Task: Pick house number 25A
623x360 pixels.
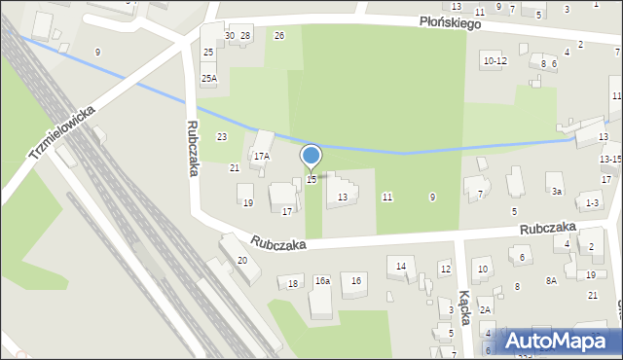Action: [209, 78]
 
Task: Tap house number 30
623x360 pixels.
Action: [230, 36]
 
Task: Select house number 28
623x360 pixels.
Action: [245, 36]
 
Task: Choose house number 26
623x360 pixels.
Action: [279, 36]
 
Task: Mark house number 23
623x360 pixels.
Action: [222, 137]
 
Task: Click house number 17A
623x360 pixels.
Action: [261, 156]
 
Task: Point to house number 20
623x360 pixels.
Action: [242, 261]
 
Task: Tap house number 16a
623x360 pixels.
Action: [322, 281]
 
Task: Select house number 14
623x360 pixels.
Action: [401, 266]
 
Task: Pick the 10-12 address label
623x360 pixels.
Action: [495, 61]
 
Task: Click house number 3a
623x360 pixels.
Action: [556, 192]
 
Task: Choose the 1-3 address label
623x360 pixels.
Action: [592, 203]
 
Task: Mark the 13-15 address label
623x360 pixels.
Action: [610, 159]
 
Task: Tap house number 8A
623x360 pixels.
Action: [551, 281]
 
